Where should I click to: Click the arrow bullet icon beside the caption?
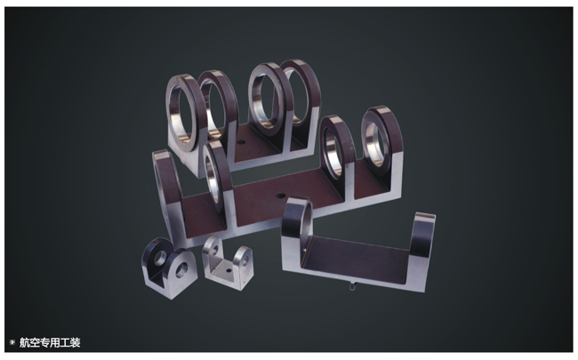(x=12, y=342)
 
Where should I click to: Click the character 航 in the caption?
(x=24, y=343)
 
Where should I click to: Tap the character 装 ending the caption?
(x=75, y=343)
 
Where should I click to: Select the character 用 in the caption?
(x=54, y=343)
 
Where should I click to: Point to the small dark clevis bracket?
(x=169, y=268)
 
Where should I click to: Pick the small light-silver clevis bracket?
(x=228, y=264)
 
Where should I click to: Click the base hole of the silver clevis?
(x=229, y=270)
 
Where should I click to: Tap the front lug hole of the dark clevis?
(x=181, y=270)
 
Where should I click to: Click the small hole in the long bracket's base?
(x=281, y=196)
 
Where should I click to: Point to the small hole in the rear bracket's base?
(x=241, y=142)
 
